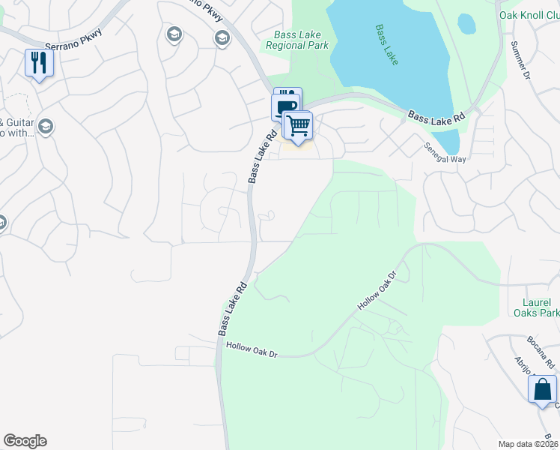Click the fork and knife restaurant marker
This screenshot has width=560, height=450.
(x=38, y=62)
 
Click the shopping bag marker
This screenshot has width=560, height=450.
(x=542, y=390)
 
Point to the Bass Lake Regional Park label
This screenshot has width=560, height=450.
(x=297, y=40)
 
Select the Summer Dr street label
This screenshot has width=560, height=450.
(x=520, y=59)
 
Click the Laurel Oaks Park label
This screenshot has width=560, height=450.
(x=533, y=307)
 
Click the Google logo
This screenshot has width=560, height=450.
(x=25, y=441)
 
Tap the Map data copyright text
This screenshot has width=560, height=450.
(x=529, y=444)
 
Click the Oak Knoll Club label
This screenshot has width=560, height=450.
(x=529, y=15)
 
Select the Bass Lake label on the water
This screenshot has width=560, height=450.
(x=387, y=43)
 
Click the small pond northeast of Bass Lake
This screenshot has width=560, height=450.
(x=466, y=24)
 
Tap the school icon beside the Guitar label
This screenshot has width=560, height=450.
(x=45, y=125)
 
